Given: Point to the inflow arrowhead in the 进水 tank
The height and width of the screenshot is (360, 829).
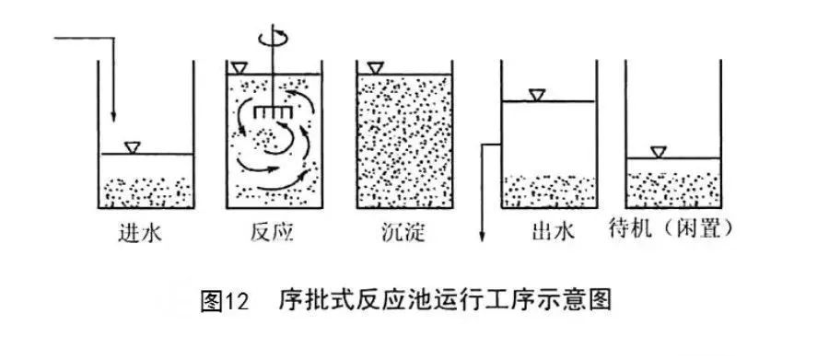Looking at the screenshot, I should tap(112, 116).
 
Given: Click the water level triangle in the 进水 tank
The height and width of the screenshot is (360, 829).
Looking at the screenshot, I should tap(134, 146).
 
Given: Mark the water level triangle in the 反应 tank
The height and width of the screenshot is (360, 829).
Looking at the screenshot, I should tap(241, 68).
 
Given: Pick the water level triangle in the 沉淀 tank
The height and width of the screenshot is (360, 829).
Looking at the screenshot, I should tap(375, 68).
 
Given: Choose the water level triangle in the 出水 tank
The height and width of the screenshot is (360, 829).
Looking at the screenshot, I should tap(537, 94).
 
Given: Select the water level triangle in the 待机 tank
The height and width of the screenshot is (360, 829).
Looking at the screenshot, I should tap(659, 152).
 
